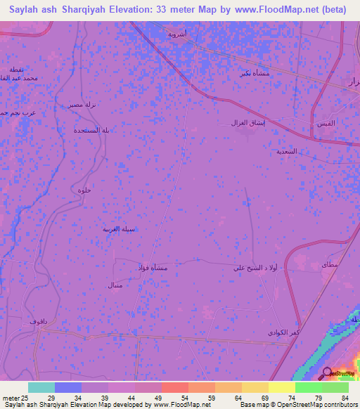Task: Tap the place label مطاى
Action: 328,266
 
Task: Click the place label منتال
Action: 113,286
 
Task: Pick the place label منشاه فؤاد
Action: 150,268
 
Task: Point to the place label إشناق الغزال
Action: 247,122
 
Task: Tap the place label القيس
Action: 326,124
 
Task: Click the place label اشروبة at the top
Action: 176,33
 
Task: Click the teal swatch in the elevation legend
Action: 41,387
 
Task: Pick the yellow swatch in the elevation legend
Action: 282,387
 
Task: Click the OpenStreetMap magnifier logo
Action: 328,372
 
